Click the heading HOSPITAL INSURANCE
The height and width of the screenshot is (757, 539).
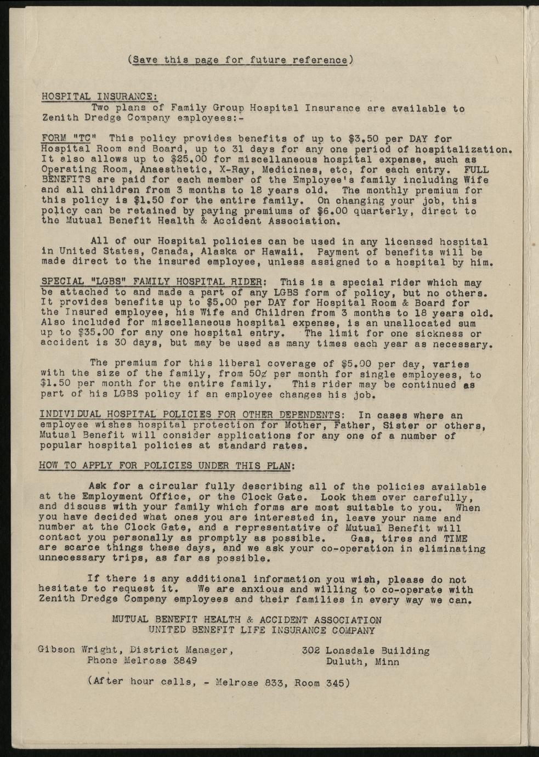pyautogui.click(x=99, y=97)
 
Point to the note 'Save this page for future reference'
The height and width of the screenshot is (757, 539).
pyautogui.click(x=240, y=60)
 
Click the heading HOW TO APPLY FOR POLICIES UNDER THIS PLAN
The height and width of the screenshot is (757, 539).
pyautogui.click(x=166, y=466)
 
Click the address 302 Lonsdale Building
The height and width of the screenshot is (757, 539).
pyautogui.click(x=365, y=651)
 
